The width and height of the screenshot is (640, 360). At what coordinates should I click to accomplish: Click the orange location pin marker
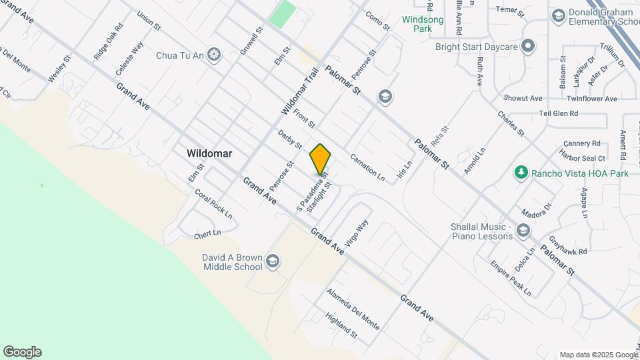(320, 159)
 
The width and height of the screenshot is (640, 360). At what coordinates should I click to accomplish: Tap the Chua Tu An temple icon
(214, 53)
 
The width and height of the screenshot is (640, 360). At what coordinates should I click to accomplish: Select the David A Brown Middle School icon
(272, 261)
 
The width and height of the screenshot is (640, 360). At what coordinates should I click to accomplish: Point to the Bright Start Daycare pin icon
(528, 47)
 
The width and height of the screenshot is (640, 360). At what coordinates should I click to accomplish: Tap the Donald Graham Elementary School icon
(558, 15)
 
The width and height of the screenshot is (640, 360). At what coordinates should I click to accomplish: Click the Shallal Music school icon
(523, 231)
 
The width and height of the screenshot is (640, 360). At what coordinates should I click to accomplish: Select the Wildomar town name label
(209, 153)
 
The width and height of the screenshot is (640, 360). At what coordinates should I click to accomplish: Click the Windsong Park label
(423, 25)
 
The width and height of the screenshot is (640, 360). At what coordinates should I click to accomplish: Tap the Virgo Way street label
(357, 233)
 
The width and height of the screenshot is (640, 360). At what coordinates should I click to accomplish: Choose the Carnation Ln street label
(368, 165)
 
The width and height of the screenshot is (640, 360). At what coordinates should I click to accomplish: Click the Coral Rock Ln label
(213, 204)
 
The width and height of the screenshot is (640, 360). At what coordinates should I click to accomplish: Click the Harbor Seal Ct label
(583, 158)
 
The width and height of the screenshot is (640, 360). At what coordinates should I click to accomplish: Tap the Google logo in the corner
(22, 352)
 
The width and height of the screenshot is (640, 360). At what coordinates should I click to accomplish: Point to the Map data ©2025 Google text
(598, 355)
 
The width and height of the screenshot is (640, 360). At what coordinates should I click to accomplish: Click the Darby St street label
(290, 139)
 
